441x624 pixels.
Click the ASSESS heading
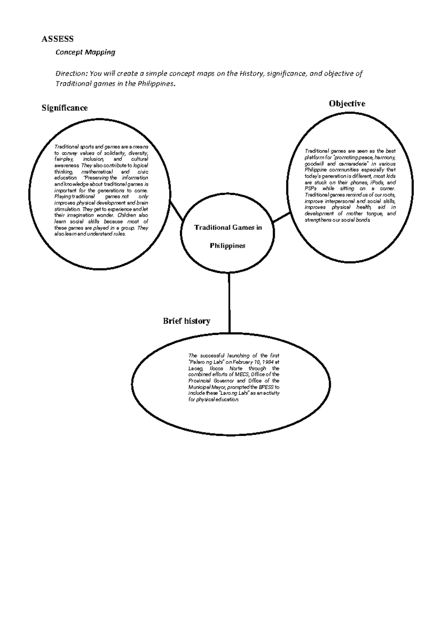coord(57,39)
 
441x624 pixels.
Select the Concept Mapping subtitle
coord(85,52)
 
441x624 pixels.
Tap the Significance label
coord(64,108)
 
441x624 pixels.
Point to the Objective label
coord(347,104)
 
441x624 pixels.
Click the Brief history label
coord(186,321)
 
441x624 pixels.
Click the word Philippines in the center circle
coord(227,246)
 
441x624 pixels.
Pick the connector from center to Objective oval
coord(282,218)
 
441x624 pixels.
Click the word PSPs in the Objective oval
coord(311,189)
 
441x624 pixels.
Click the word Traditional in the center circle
coord(211,228)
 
